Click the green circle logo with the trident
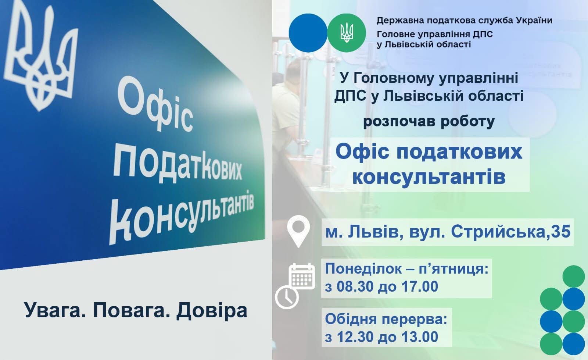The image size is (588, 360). (x=347, y=33)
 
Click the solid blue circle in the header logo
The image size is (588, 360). (x=308, y=33)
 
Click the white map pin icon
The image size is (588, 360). (x=298, y=231)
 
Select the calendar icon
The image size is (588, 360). (x=302, y=276)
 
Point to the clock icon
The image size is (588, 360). (x=287, y=298)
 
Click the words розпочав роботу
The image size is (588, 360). (x=429, y=122)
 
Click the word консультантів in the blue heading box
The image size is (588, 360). (x=429, y=177)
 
